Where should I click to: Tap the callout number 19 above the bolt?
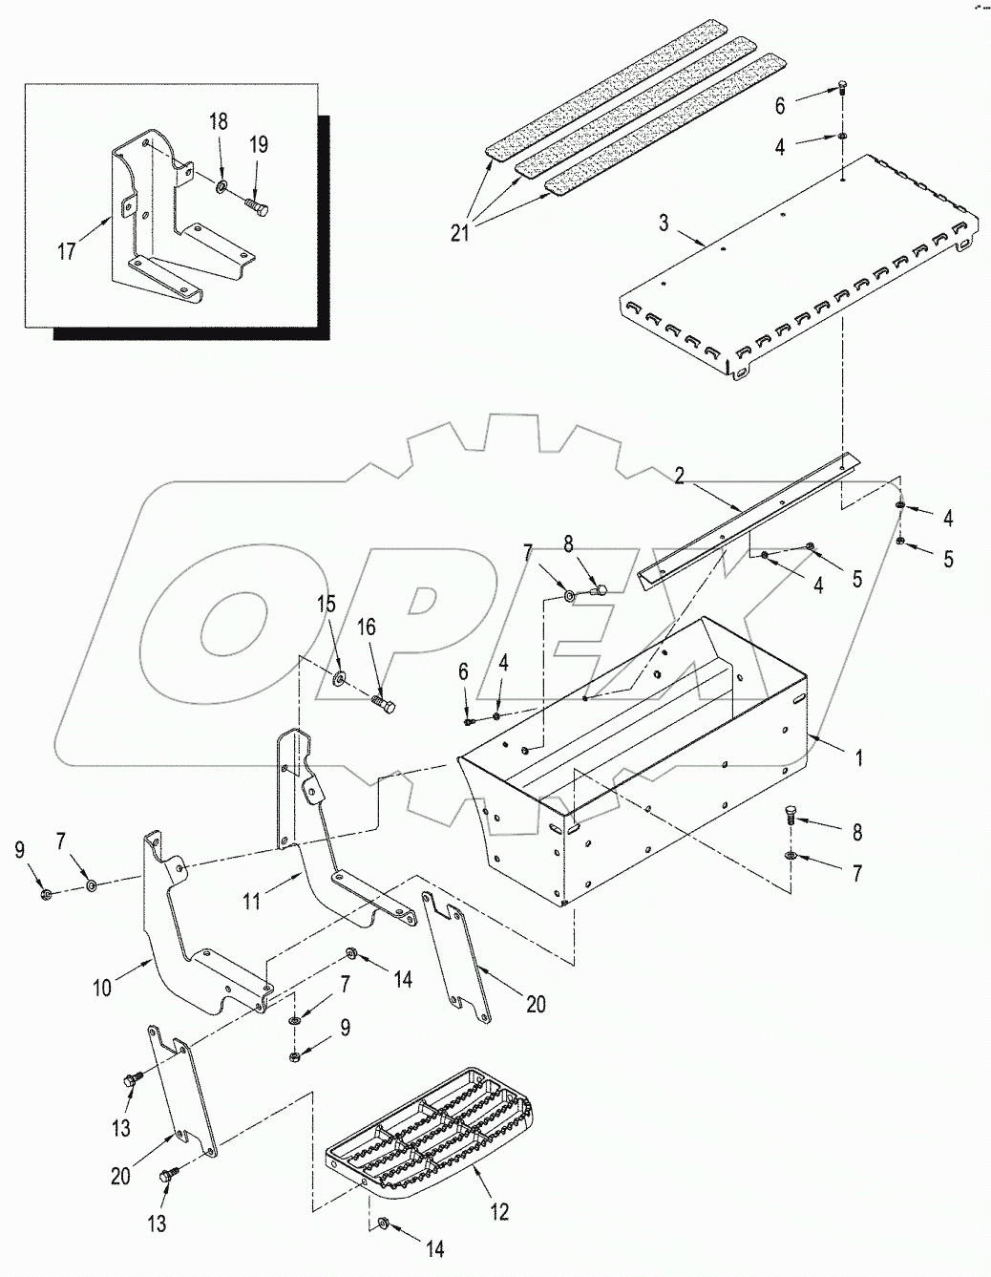point(259,145)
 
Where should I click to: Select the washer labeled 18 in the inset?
point(221,182)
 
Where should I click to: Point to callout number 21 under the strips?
point(459,232)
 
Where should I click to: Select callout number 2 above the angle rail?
point(679,476)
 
